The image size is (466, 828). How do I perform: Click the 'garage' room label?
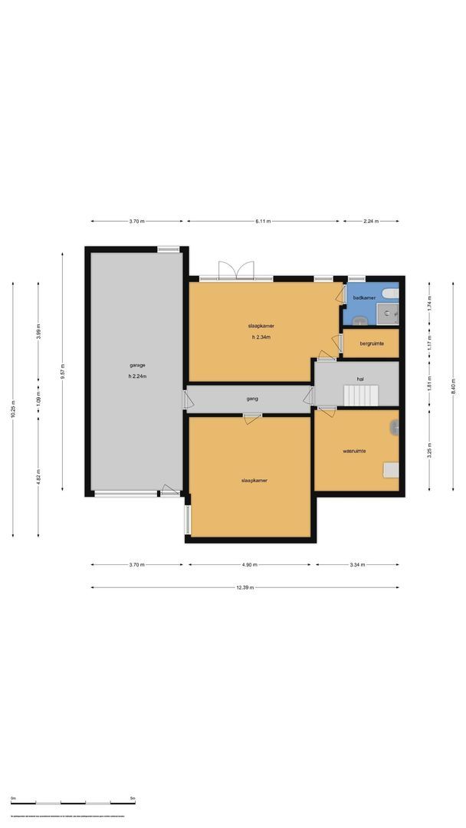click(x=137, y=365)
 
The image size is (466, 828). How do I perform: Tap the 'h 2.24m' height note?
click(x=137, y=376)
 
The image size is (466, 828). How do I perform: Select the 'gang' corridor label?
click(x=251, y=399)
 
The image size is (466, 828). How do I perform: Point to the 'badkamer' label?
click(x=363, y=297)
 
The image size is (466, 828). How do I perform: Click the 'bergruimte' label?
click(x=372, y=344)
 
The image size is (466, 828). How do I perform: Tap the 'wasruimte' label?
click(x=354, y=451)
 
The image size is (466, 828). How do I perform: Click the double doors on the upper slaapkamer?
click(x=236, y=271)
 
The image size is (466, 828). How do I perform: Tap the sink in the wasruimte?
click(x=395, y=428)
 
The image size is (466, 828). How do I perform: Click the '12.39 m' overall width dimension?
click(x=245, y=587)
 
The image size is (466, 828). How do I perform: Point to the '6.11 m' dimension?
click(x=262, y=222)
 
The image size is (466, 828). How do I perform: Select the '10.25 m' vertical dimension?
click(x=13, y=410)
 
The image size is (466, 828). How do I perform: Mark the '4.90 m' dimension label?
click(x=250, y=565)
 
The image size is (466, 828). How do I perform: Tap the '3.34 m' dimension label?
click(x=357, y=565)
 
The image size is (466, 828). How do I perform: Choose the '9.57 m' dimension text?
click(x=63, y=372)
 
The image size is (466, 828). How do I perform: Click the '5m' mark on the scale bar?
click(x=133, y=799)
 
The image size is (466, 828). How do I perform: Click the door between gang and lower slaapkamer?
click(x=251, y=417)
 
